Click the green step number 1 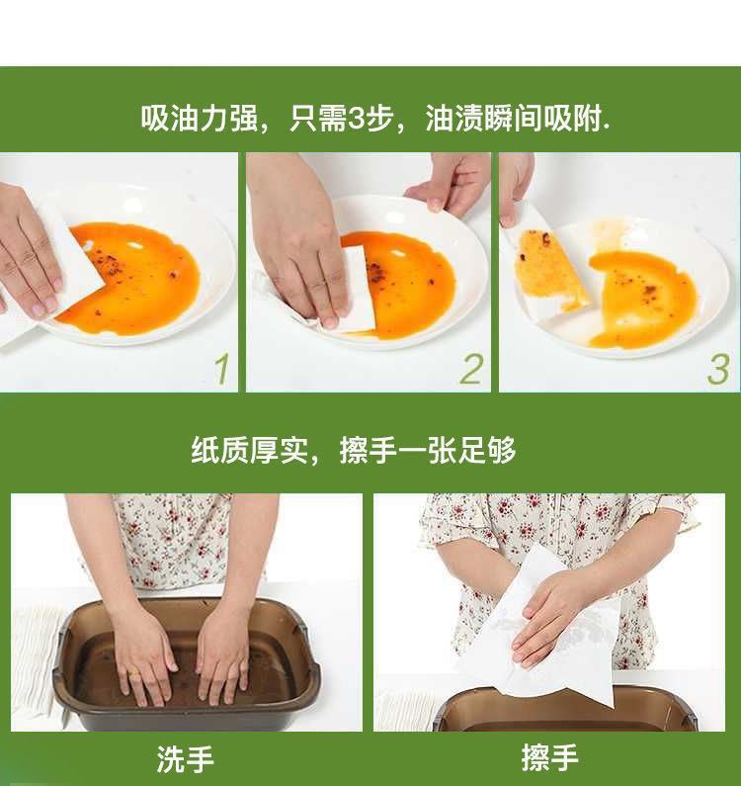221,369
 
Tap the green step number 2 471,369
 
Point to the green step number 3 718,370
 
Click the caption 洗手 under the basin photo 186,759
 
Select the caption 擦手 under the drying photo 549,757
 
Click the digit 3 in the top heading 356,119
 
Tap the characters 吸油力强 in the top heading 199,119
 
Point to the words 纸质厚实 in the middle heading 249,450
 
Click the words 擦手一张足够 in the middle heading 428,450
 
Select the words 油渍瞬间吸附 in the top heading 514,119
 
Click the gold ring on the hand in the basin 135,674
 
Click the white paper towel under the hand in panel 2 357,289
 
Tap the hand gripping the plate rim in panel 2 450,183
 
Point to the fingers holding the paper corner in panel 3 516,188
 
